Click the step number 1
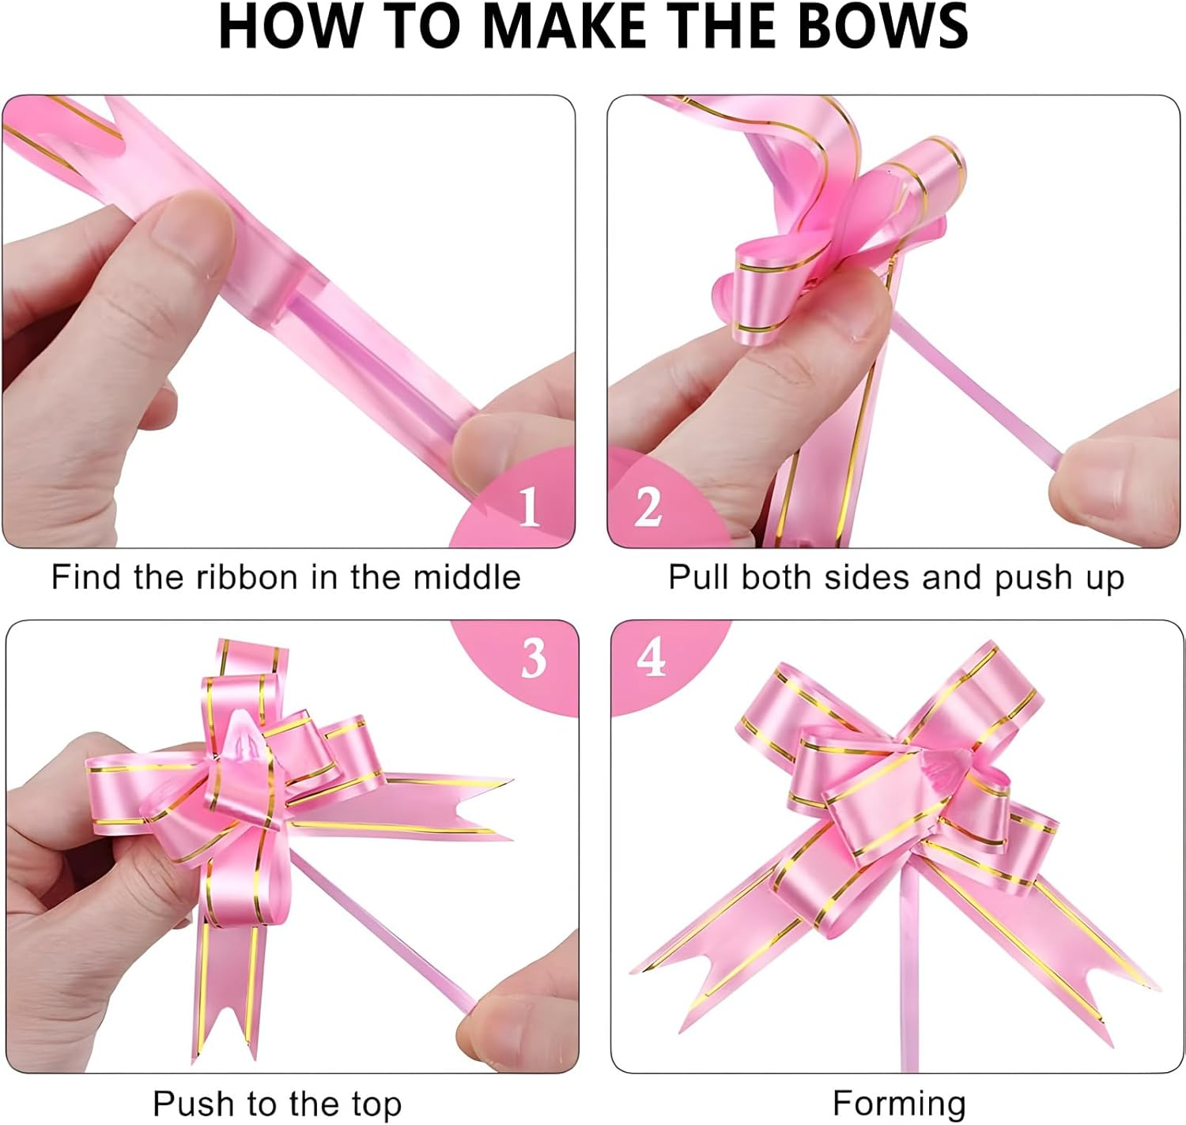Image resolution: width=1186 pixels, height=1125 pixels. pyautogui.click(x=528, y=506)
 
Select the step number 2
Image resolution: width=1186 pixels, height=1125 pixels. pyautogui.click(x=648, y=506)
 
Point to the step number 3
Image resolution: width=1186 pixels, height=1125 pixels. pyautogui.click(x=534, y=658)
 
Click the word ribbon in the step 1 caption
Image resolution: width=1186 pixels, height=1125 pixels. pyautogui.click(x=247, y=577)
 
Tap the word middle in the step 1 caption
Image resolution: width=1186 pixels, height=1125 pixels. pyautogui.click(x=467, y=577)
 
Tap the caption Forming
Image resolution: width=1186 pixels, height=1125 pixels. pyautogui.click(x=899, y=1104)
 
